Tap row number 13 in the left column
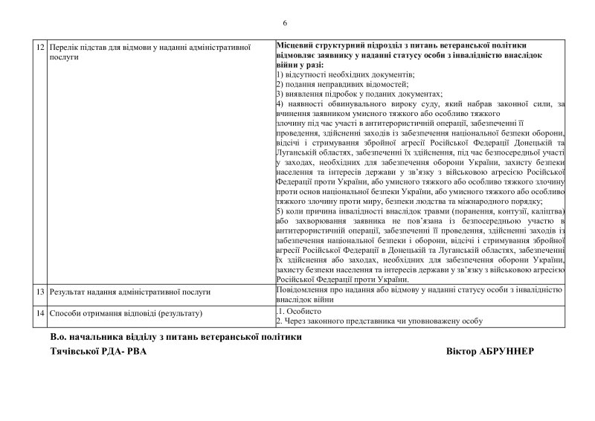coord(40,293)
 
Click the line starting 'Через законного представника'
coord(379,321)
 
